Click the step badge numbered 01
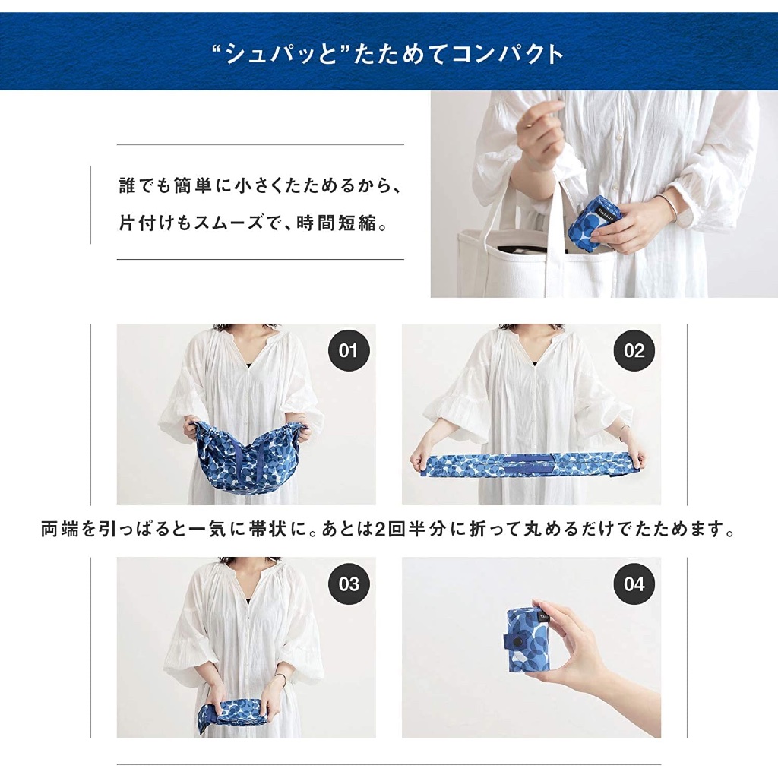[x=349, y=351]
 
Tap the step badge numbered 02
[x=634, y=351]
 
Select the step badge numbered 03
[x=349, y=584]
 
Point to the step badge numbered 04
[x=634, y=584]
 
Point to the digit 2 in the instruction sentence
[x=380, y=530]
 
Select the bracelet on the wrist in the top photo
[x=670, y=208]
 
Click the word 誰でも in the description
[x=144, y=186]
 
